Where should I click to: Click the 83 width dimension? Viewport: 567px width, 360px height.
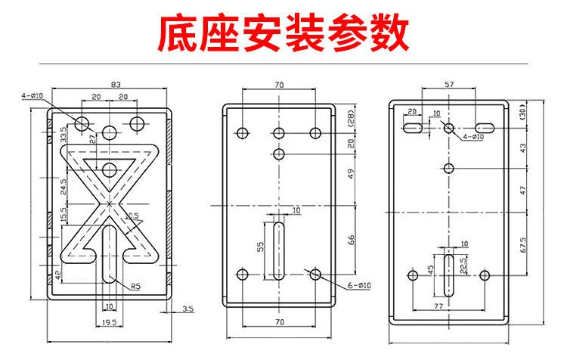(115, 85)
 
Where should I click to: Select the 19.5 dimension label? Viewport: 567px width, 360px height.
(110, 323)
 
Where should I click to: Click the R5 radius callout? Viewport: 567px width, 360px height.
(135, 286)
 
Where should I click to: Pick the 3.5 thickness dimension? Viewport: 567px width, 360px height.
(188, 309)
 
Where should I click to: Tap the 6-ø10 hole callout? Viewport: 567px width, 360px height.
(359, 285)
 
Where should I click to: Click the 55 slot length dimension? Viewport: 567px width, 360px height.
(262, 247)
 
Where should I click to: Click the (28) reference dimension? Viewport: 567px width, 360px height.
(351, 119)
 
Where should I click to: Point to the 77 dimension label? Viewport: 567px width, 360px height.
(438, 307)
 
